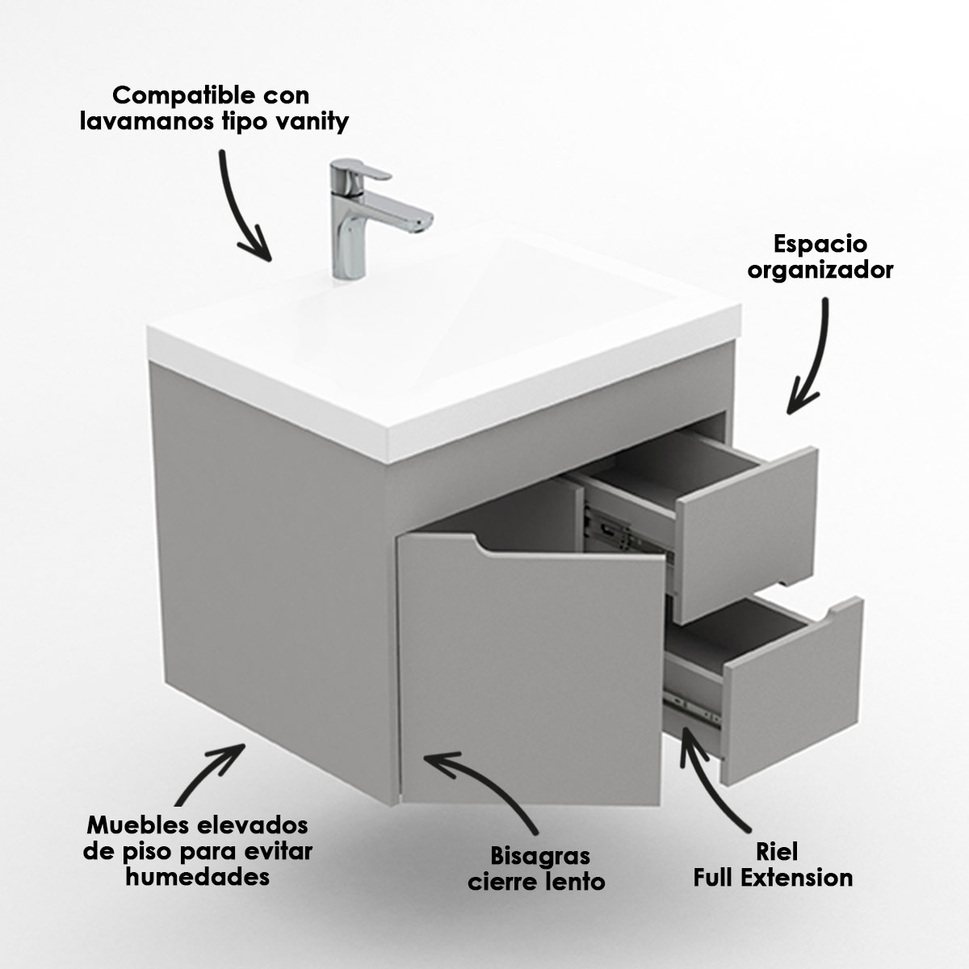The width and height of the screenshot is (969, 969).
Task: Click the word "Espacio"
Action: click(820, 245)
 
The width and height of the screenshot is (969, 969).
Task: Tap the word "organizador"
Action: click(820, 271)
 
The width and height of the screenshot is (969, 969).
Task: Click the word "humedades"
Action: click(198, 877)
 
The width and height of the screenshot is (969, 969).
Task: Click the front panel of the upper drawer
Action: click(747, 535)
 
